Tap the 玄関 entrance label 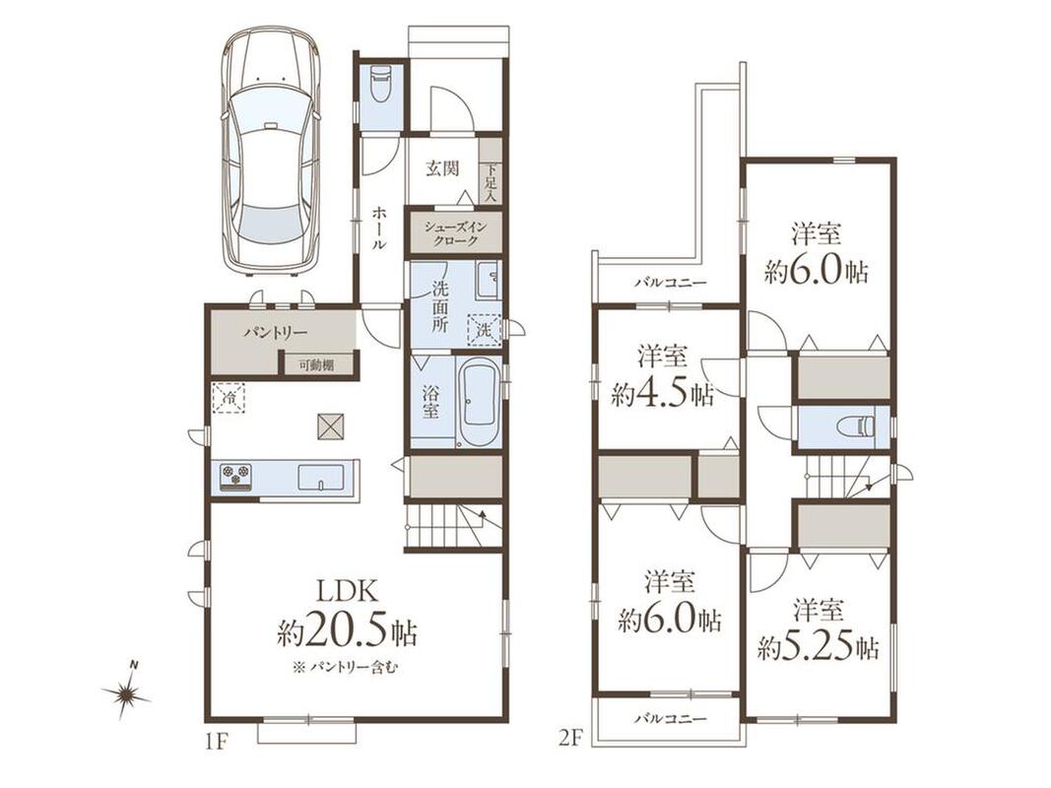pyautogui.click(x=442, y=168)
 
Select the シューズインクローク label pyautogui.click(x=455, y=233)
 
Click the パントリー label pyautogui.click(x=275, y=332)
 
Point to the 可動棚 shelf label pyautogui.click(x=316, y=365)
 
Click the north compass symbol pyautogui.click(x=127, y=692)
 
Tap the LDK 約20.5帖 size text pyautogui.click(x=347, y=617)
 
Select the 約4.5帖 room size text pyautogui.click(x=662, y=395)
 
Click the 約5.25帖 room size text pyautogui.click(x=819, y=647)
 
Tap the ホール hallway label pyautogui.click(x=378, y=228)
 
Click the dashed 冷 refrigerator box pyautogui.click(x=230, y=398)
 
